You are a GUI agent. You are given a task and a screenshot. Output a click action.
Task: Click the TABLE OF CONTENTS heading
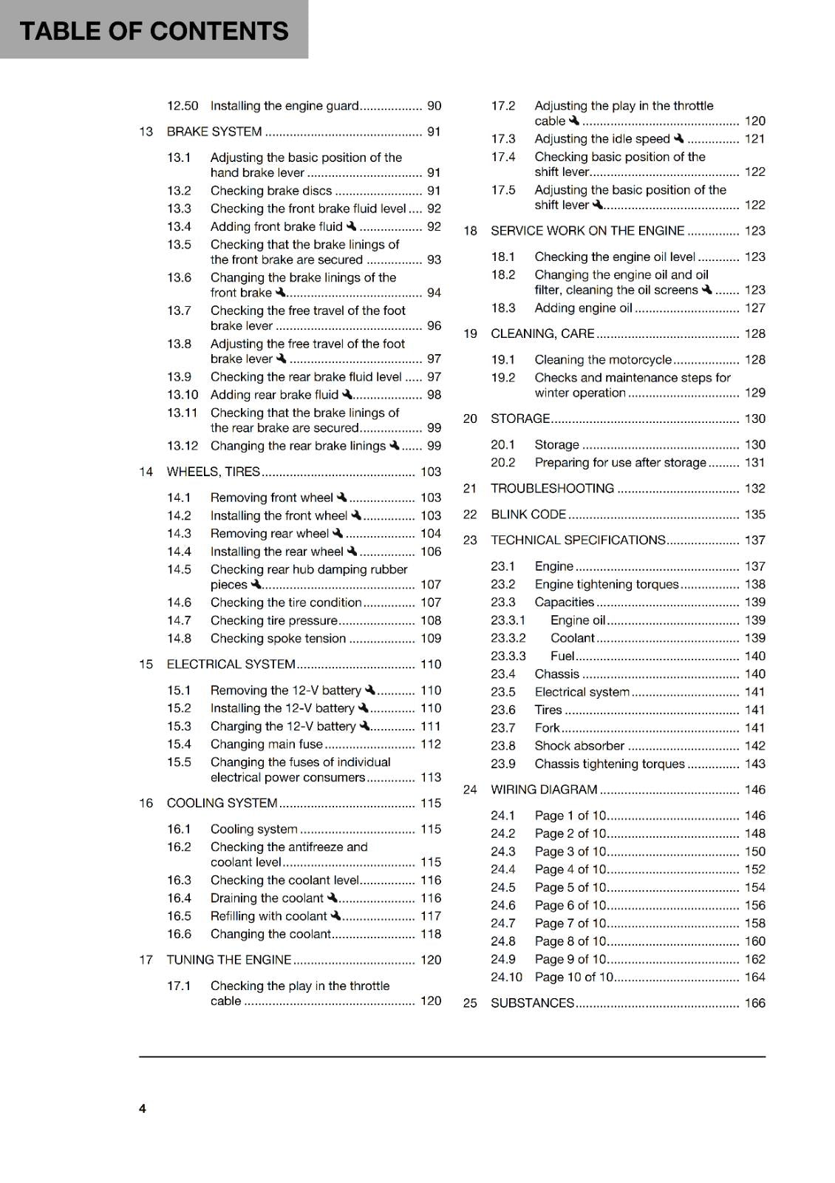tap(154, 31)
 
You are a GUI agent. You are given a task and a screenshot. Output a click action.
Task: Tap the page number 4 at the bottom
tap(143, 1108)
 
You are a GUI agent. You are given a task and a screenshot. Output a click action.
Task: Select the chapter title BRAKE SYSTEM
tap(214, 132)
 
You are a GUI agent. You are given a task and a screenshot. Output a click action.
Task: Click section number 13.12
tap(183, 446)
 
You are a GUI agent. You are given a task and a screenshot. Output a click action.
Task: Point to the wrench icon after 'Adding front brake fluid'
tap(351, 226)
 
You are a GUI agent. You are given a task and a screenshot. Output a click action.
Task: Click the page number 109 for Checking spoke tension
tap(431, 638)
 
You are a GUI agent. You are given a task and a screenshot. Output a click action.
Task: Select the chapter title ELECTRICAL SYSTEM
tap(231, 664)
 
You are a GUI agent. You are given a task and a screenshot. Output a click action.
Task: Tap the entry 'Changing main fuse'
tap(267, 744)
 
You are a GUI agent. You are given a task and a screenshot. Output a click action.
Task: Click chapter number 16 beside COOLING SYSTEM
tap(146, 803)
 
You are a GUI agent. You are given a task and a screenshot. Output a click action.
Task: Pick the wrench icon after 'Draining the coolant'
tap(333, 898)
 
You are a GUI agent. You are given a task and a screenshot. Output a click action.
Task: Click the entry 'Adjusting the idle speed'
tap(602, 138)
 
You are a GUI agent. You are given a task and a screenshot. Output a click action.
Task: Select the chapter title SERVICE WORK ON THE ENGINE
tap(587, 231)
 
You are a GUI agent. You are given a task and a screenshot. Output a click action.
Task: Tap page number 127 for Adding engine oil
tap(754, 308)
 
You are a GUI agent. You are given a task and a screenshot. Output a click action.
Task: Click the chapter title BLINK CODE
tap(528, 514)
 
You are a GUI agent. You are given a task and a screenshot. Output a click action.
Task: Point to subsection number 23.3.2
tap(508, 637)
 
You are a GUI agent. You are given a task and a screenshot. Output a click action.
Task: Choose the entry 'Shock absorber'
tap(579, 745)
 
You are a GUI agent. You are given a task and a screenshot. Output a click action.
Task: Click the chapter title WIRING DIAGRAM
tap(544, 790)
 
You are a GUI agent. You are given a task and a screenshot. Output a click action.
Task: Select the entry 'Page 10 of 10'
tap(574, 977)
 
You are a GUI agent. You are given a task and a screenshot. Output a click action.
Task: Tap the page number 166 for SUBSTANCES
tap(754, 1003)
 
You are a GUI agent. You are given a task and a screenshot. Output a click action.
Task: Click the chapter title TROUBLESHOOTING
tap(552, 488)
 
